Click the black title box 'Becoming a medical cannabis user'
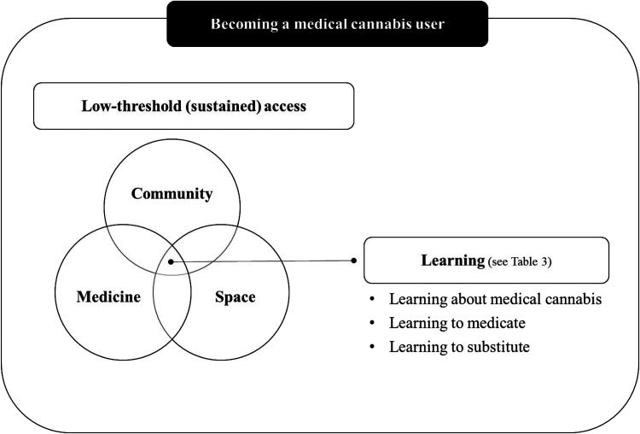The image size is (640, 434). coord(328,24)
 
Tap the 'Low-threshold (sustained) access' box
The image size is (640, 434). coord(194,106)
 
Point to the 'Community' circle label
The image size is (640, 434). coord(172,194)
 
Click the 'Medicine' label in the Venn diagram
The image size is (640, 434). coord(108,296)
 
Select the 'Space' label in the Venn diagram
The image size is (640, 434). coord(236,297)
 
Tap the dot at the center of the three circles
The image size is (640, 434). coord(171,261)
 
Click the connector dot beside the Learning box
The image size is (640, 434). coord(354,261)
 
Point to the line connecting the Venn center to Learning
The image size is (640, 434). coord(263,261)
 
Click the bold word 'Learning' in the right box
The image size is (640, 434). coord(453,261)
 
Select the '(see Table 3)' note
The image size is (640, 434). coord(520,261)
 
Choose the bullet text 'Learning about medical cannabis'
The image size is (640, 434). coord(495,299)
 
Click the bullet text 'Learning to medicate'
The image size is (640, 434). coord(457,323)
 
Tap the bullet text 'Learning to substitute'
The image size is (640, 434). coord(459,347)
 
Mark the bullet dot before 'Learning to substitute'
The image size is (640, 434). coord(372,347)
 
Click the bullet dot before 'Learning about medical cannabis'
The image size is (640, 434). coord(372,299)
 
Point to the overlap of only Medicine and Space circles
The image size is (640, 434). coord(172,311)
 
